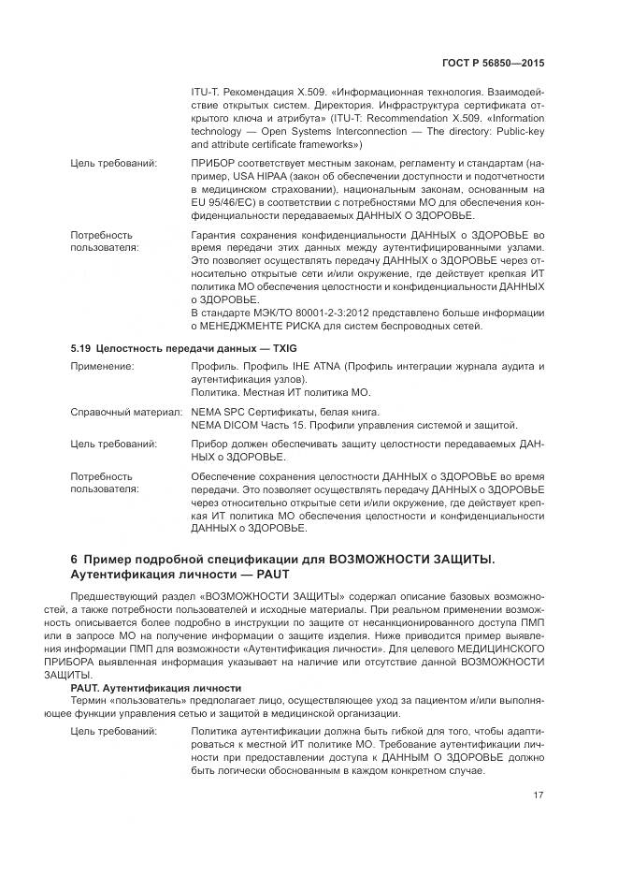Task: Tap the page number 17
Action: tap(539, 795)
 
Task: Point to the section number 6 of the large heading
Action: tap(75, 559)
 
